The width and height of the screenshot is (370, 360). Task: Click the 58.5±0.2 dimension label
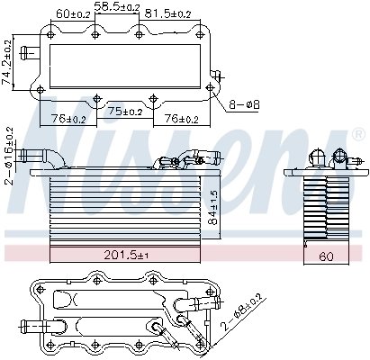tap(117, 6)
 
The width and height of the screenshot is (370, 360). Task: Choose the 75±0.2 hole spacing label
tap(126, 112)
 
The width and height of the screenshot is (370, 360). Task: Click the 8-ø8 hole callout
tap(245, 106)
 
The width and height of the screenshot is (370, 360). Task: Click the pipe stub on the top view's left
tap(30, 51)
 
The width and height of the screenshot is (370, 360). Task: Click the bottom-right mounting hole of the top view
tap(209, 87)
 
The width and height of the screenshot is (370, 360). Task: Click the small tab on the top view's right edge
tap(216, 76)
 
